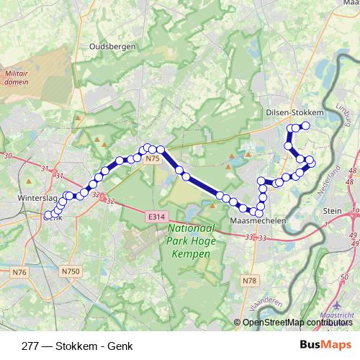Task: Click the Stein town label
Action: point(332,211)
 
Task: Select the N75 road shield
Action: point(150,158)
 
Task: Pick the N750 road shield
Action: point(69,271)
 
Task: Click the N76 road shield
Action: point(19,271)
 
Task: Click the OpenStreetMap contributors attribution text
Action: point(298,322)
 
